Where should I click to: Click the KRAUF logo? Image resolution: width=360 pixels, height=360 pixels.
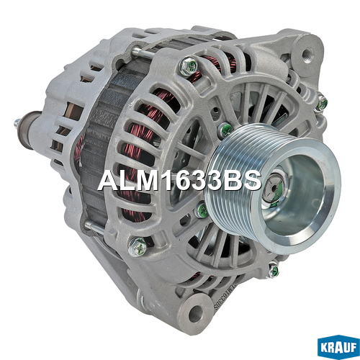pos(338,346)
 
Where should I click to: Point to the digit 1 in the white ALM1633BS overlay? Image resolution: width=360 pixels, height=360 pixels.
pos(168,181)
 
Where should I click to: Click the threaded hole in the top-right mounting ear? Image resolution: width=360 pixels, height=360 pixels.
pos(307,54)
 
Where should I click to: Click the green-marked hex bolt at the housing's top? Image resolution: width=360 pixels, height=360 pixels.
pos(189,66)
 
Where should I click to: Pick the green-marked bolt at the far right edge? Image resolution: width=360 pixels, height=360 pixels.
pos(322,104)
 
